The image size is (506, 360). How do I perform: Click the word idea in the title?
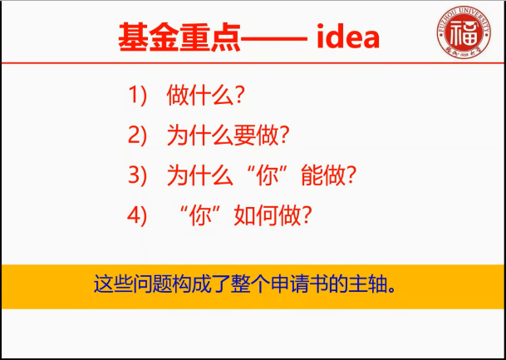348,37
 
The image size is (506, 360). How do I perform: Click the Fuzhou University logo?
464,32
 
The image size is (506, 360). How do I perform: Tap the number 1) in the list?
137,96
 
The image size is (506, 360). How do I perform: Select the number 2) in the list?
137,136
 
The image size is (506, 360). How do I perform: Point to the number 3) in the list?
137,176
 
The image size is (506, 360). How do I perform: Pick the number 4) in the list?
137,216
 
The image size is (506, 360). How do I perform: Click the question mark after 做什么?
238,96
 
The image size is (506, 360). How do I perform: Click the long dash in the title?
273,39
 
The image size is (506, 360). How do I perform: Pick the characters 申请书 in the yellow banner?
301,284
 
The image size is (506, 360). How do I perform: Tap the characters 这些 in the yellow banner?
113,284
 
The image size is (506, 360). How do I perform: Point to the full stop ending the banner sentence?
392,289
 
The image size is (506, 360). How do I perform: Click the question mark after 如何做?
306,216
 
